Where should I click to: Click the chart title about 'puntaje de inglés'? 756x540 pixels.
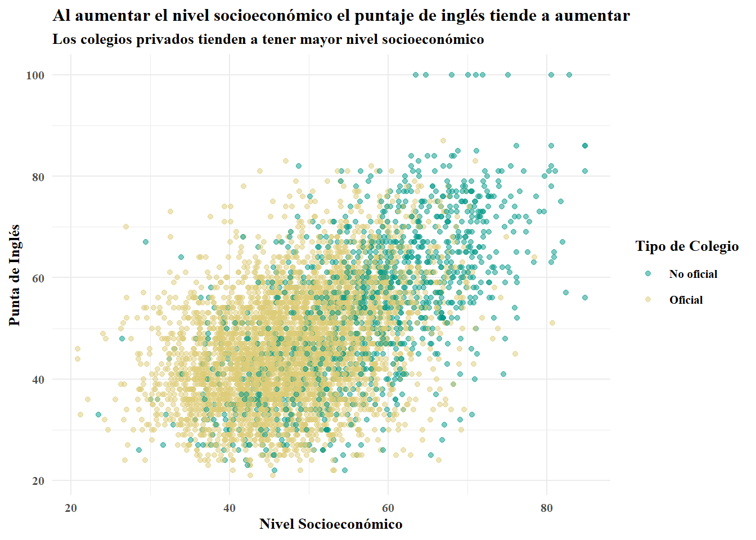(x=341, y=16)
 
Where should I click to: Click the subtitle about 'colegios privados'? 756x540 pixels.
(x=268, y=39)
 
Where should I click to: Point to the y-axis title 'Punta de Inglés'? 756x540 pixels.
(x=15, y=275)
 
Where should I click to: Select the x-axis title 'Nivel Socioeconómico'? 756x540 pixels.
(x=331, y=524)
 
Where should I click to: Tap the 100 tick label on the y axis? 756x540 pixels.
(x=35, y=75)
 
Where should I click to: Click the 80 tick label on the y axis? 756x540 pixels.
(x=38, y=177)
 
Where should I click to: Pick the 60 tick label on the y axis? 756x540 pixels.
(x=38, y=278)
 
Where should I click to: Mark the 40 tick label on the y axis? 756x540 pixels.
(x=38, y=380)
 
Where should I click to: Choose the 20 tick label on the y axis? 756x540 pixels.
(x=38, y=481)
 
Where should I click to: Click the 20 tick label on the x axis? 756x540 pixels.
(x=71, y=508)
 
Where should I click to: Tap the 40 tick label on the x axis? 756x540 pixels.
(x=229, y=508)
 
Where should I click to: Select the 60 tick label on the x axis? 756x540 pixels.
(x=388, y=508)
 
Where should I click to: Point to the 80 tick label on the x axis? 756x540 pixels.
(x=547, y=508)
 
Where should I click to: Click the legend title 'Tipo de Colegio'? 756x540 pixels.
(x=687, y=246)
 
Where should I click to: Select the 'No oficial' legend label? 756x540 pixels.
(x=693, y=274)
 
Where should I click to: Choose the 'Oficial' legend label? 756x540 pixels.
(x=686, y=300)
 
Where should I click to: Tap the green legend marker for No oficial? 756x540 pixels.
(x=648, y=274)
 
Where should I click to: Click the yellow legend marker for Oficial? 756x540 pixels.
(x=648, y=300)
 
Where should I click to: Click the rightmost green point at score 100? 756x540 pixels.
(x=569, y=75)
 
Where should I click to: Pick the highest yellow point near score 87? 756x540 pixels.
(x=443, y=141)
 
